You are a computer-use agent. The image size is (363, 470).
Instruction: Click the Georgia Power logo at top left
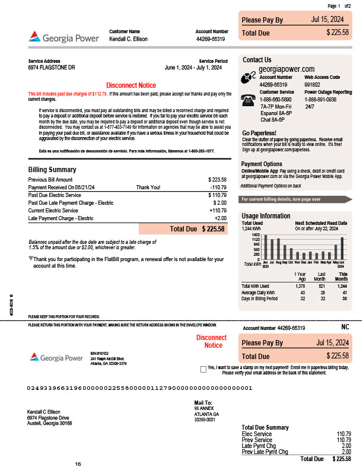pyautogui.click(x=66, y=38)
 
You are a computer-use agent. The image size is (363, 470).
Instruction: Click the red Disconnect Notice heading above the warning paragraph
pyautogui.click(x=130, y=85)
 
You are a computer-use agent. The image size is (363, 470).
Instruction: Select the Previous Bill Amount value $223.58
pyautogui.click(x=217, y=179)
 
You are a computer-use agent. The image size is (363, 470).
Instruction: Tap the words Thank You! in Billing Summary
pyautogui.click(x=148, y=187)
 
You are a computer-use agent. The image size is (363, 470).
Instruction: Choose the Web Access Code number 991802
pyautogui.click(x=313, y=85)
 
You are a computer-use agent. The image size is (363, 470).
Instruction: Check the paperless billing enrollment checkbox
pyautogui.click(x=203, y=368)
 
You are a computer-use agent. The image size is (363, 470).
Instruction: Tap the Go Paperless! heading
pyautogui.click(x=259, y=133)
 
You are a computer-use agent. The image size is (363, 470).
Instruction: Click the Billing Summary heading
pyautogui.click(x=52, y=170)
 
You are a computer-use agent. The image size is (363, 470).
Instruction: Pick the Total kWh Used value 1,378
pyautogui.click(x=284, y=286)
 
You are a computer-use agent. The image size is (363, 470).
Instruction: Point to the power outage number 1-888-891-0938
pyautogui.click(x=320, y=100)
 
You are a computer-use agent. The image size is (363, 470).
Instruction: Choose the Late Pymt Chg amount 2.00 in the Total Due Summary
pyautogui.click(x=346, y=446)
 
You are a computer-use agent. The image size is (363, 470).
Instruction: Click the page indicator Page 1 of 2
pyautogui.click(x=339, y=5)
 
